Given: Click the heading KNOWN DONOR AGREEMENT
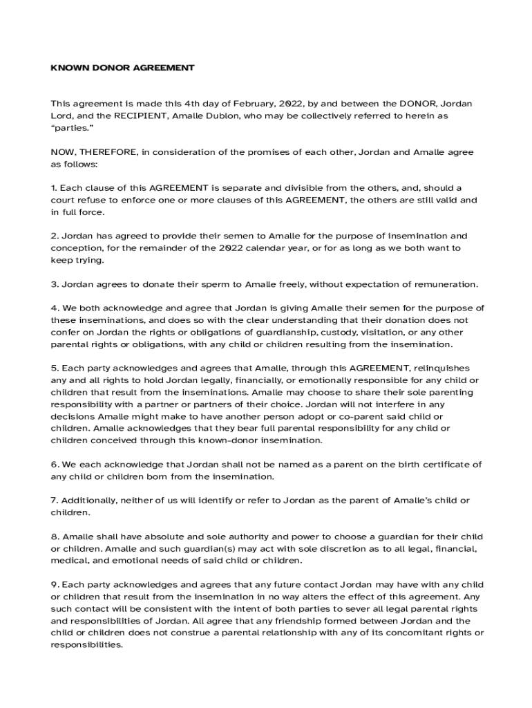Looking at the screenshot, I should tap(122, 68).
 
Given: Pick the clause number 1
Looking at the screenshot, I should tap(53, 188).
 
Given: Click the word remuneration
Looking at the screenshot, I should tap(446, 284).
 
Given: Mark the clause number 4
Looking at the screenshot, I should tap(54, 308).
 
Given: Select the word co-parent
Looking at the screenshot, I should tap(383, 416).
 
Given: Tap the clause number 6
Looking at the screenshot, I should tap(54, 465).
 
